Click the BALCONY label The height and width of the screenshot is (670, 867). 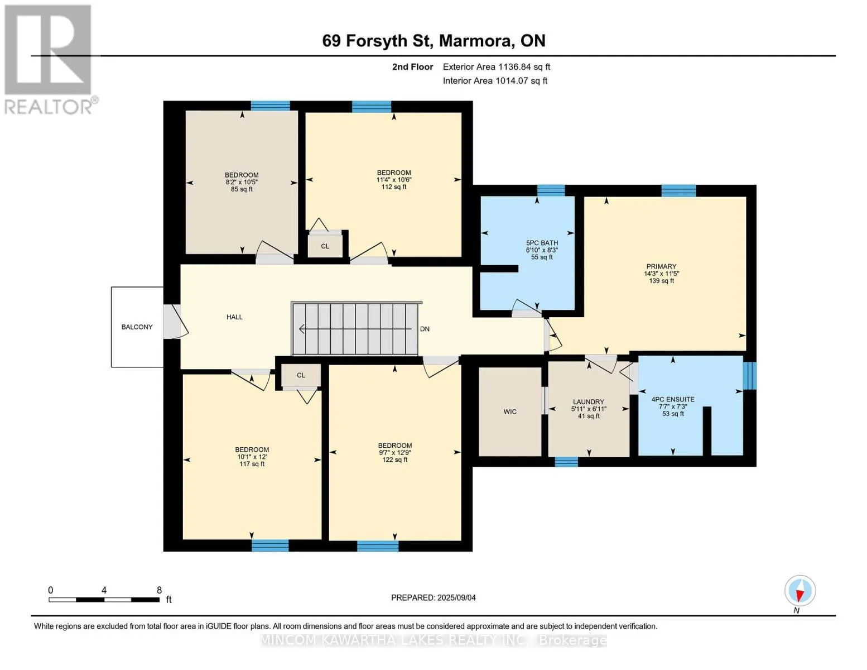pos(137,327)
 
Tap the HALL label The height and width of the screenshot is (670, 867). pos(235,317)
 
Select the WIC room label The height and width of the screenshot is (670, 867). pos(510,411)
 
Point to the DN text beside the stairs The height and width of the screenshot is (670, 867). pos(425,329)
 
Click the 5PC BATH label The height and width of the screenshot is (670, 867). pos(542,243)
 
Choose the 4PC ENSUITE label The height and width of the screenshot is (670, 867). pos(673,399)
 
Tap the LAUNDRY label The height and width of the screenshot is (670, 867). pos(589,401)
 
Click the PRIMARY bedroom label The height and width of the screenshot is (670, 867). pos(661,266)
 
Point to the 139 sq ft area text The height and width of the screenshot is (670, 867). pos(661,281)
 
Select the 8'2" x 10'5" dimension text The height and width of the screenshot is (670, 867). pos(242,182)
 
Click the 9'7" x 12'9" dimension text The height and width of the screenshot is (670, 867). pos(394,453)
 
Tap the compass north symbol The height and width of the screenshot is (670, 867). pos(800,591)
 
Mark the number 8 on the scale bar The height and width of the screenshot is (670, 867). pos(159,590)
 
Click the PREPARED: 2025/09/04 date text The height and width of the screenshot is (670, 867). pos(433,598)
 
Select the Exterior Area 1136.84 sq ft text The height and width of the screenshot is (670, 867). pos(497,67)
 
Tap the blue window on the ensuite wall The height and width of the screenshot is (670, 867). pos(749,376)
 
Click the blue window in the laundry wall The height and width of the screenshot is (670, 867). pos(566,462)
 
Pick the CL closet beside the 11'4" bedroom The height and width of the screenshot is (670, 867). pos(325,246)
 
